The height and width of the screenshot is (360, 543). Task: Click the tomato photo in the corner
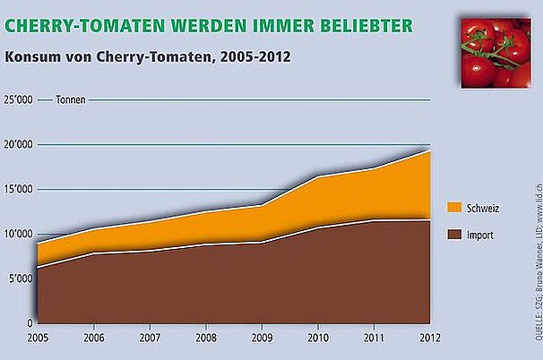click(x=495, y=51)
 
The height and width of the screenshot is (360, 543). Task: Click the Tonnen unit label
click(x=71, y=99)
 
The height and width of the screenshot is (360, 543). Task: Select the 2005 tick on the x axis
click(x=38, y=338)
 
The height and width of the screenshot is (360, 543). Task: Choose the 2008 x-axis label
click(x=206, y=338)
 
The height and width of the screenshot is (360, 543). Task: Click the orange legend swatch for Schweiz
click(x=452, y=208)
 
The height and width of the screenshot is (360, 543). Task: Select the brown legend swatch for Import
click(x=452, y=236)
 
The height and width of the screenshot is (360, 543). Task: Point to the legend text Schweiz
click(x=483, y=208)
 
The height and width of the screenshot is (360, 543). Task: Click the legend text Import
click(x=479, y=236)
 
